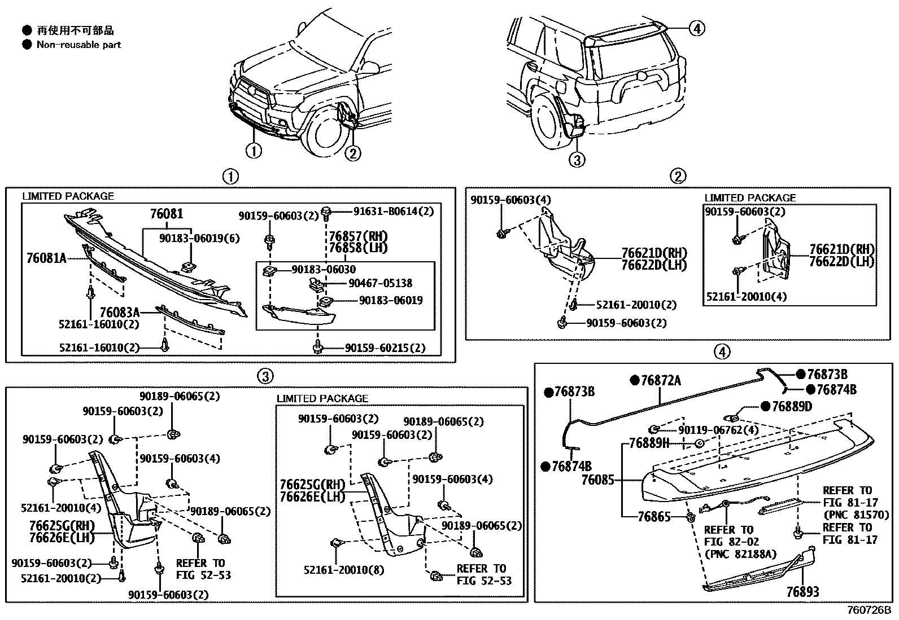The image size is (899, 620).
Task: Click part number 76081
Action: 167,214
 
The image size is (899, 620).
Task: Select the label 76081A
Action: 46,258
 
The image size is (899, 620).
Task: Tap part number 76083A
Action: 120,312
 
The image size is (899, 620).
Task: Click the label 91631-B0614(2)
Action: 393,211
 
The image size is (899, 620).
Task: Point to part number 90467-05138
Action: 380,283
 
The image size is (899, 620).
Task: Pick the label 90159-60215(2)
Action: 385,348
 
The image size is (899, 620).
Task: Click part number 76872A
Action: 661,381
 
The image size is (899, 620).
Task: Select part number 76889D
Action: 792,406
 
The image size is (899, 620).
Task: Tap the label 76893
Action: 802,592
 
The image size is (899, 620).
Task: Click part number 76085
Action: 597,480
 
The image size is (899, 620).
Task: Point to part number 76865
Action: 654,516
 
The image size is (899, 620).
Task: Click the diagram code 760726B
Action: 868,610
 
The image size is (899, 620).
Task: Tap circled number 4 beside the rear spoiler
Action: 697,28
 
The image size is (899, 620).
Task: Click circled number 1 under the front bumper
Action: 254,151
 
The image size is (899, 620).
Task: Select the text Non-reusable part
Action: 78,45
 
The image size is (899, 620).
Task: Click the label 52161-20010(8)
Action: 344,570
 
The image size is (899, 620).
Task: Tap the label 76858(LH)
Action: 359,248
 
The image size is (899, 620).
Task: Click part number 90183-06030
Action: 324,270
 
